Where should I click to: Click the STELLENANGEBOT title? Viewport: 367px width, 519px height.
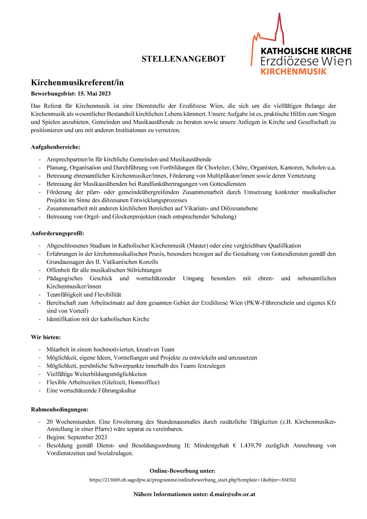click(x=183, y=59)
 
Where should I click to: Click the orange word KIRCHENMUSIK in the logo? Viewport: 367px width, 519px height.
click(x=293, y=72)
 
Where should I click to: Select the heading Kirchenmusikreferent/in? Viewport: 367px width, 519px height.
click(x=77, y=83)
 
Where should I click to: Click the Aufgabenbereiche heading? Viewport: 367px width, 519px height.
click(x=55, y=147)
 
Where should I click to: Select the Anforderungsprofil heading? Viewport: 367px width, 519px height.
click(x=57, y=233)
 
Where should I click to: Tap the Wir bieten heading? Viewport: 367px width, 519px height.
click(x=46, y=337)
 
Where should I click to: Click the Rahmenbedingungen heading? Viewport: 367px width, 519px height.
click(x=59, y=410)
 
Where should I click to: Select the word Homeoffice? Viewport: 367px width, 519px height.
click(x=143, y=382)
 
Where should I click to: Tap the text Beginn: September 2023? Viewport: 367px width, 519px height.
click(x=77, y=438)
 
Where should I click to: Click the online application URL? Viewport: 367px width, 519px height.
click(x=193, y=480)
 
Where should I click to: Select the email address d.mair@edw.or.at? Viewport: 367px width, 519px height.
click(x=232, y=494)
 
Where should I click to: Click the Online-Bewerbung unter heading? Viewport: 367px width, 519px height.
click(x=182, y=471)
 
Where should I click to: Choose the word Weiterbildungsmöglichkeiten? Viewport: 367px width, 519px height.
click(x=110, y=374)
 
